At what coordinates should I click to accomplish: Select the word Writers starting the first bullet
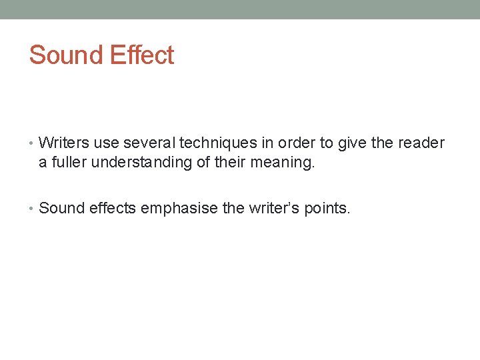[64, 143]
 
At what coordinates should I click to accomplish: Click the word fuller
[70, 162]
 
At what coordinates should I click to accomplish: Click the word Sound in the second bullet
[61, 208]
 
